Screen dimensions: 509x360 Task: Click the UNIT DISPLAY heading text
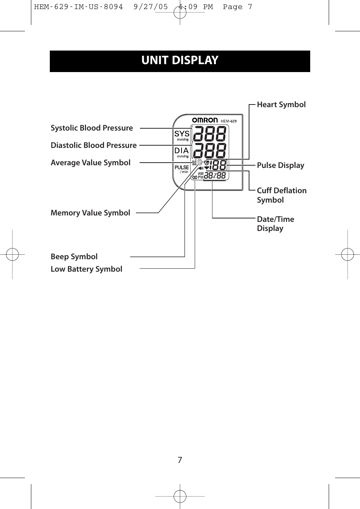point(180,60)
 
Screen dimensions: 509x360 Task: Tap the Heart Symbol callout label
point(281,105)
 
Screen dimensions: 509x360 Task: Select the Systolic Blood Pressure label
point(92,128)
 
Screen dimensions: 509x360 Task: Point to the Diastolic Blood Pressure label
point(94,145)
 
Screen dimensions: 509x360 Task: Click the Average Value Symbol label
point(91,163)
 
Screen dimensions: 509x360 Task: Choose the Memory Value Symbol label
point(90,213)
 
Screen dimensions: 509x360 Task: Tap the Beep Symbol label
point(74,257)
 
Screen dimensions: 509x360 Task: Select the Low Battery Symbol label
point(86,269)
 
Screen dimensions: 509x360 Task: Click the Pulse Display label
point(280,165)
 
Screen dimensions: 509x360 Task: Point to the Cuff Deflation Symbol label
point(282,195)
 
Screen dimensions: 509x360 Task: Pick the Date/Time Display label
point(275,224)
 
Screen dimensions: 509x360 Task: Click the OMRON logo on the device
point(205,120)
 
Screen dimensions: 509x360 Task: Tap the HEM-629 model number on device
point(229,121)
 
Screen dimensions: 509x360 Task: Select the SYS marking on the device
point(182,134)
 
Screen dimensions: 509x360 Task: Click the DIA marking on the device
point(182,151)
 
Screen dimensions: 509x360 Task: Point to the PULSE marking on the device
point(182,168)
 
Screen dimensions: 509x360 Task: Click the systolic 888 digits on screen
point(210,134)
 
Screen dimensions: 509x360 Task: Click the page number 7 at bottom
point(180,460)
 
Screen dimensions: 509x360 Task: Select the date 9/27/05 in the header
point(151,7)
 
